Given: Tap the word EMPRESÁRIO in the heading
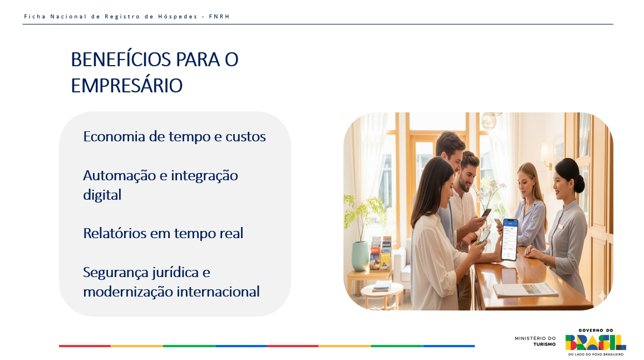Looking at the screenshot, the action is tap(126, 86).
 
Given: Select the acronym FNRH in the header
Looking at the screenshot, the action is tap(219, 17).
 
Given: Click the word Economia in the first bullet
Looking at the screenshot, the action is tap(114, 136).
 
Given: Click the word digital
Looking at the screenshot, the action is tap(102, 195).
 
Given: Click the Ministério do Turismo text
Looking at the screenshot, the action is tap(535, 341).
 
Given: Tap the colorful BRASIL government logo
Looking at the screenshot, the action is tap(596, 342).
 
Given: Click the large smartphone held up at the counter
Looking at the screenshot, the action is tap(510, 239).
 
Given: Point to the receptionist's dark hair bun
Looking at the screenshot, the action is tap(579, 183).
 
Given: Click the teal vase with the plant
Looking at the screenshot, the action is tap(360, 256).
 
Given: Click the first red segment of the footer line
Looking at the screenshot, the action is tap(85, 346).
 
